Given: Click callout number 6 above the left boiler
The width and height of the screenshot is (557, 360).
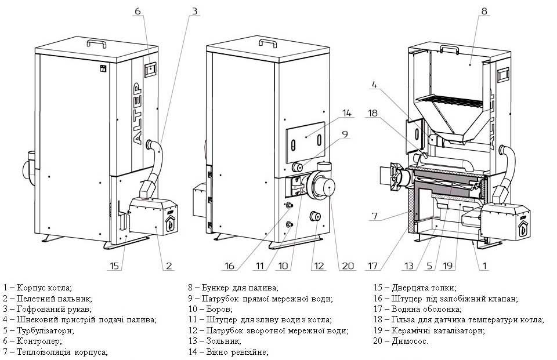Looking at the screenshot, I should [138, 12].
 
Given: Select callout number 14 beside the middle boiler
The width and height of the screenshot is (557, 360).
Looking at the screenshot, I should [347, 112].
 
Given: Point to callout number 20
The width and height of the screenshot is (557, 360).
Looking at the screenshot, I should [348, 266].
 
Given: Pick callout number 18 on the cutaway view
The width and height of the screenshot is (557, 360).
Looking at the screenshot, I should [373, 114].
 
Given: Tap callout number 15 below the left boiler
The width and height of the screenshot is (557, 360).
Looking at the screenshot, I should [115, 266].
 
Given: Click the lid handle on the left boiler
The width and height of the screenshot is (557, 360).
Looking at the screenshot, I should [96, 43].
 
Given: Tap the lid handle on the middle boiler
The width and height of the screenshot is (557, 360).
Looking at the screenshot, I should [267, 43].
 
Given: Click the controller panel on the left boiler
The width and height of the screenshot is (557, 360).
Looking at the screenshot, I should [150, 69].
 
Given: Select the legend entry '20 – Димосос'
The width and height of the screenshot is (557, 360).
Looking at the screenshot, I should [402, 341].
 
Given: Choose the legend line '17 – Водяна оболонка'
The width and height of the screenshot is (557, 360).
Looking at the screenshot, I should [418, 309].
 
